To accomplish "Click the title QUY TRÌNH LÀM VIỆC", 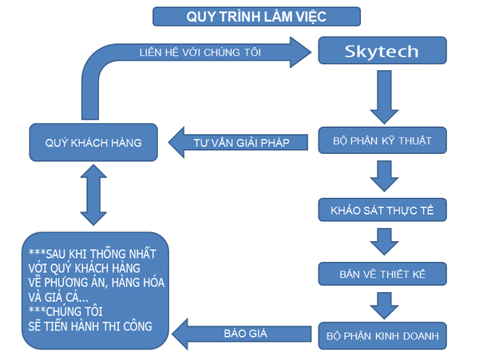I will [255, 15].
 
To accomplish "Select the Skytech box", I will [382, 50].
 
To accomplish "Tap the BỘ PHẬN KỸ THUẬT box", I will [382, 141].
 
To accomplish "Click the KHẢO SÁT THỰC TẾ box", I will [382, 212].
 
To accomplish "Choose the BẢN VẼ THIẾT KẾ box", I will [382, 274].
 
